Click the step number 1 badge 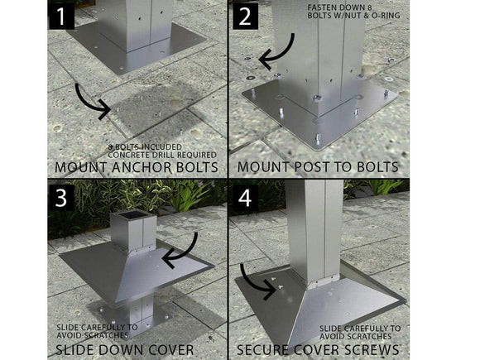[61, 17]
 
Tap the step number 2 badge [245, 17]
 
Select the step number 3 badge [61, 198]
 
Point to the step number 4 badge [245, 198]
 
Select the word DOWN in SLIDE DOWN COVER [119, 349]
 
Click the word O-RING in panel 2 [386, 16]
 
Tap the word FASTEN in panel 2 [320, 7]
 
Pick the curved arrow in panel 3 [186, 255]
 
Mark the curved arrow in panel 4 [251, 285]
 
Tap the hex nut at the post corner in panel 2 [317, 98]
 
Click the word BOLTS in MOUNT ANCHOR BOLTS [198, 167]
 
